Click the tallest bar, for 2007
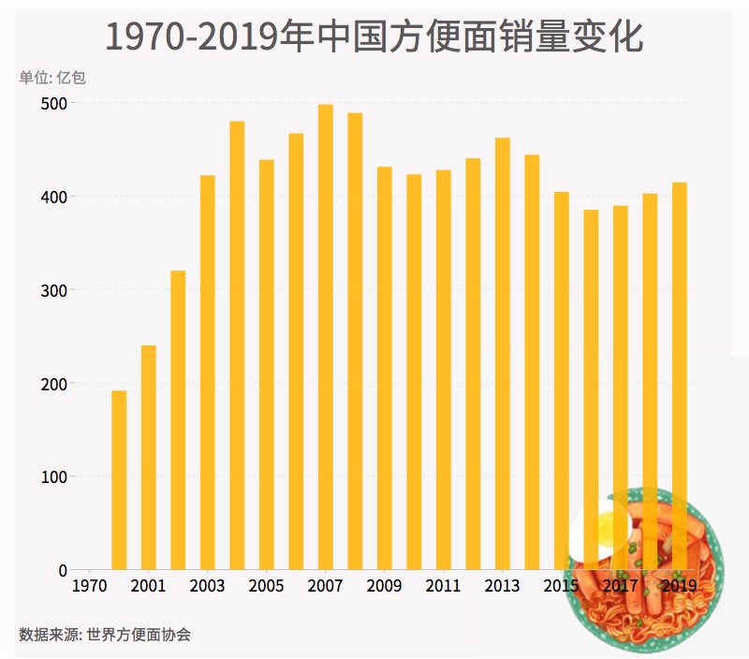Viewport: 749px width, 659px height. click(x=326, y=337)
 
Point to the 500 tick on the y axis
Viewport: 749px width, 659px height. click(x=54, y=103)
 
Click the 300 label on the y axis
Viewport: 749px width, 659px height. click(x=54, y=290)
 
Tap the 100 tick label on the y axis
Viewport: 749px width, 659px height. click(x=54, y=476)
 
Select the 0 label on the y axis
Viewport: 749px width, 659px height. click(x=63, y=570)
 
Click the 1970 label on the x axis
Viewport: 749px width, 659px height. click(x=90, y=587)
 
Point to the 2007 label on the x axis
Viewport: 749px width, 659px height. click(x=326, y=587)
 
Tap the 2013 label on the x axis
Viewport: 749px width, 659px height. click(x=503, y=587)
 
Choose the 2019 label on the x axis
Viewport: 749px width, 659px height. click(x=680, y=587)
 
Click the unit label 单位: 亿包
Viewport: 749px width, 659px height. click(x=52, y=77)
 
